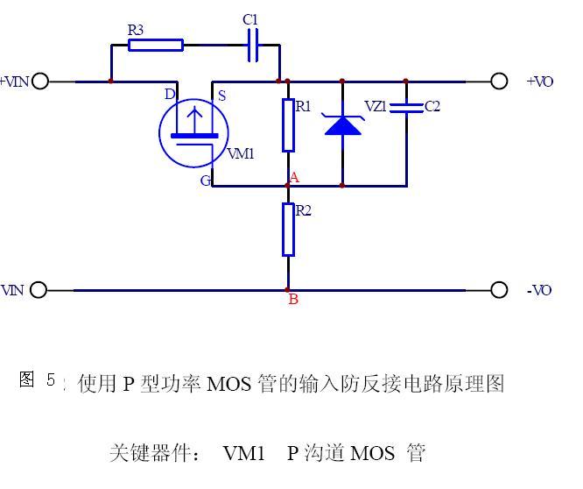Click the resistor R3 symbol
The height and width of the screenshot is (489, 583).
click(x=156, y=46)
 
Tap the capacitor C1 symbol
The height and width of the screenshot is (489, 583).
click(x=253, y=46)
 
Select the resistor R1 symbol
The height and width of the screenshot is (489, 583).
click(x=288, y=125)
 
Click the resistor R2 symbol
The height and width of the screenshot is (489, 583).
click(x=288, y=230)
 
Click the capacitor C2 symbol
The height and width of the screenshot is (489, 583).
click(x=406, y=107)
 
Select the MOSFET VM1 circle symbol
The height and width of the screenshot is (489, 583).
click(x=192, y=132)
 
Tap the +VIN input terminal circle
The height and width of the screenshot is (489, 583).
click(x=39, y=81)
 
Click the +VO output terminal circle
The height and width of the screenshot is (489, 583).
click(x=499, y=81)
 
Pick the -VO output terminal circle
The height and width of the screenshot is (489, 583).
click(x=499, y=290)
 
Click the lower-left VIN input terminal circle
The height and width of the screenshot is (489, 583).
click(x=39, y=290)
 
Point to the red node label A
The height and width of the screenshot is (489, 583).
click(x=294, y=178)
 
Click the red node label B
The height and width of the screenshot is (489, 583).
click(x=293, y=300)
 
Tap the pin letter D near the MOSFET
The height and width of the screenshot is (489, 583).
click(x=169, y=94)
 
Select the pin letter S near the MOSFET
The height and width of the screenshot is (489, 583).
click(x=221, y=96)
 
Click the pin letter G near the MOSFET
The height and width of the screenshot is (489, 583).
click(x=205, y=181)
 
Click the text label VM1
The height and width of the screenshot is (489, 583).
click(x=241, y=154)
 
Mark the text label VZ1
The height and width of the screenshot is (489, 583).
click(x=375, y=106)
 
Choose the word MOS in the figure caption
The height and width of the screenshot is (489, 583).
click(x=230, y=384)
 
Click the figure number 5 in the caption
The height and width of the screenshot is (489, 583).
click(x=51, y=379)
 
